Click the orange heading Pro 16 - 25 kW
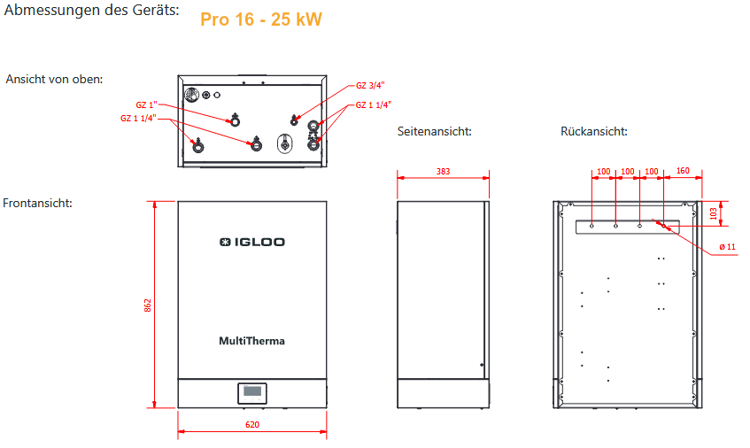pos(260,19)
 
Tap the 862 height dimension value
pos(149,305)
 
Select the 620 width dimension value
pos(252,425)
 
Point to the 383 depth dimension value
pos(443,170)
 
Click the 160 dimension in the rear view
pos(683,170)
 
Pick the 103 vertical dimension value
pos(714,212)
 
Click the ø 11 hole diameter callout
pos(727,246)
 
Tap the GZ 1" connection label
pos(146,104)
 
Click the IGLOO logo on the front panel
pos(252,242)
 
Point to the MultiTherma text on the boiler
pos(252,341)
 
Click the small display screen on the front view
pos(252,392)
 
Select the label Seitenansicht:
pos(434,132)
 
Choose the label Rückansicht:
pos(594,132)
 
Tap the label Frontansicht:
pos(38,204)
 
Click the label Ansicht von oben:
pos(55,79)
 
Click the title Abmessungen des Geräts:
pos(91,12)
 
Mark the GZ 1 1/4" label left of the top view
pos(139,118)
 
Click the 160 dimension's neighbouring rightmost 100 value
pos(652,170)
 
